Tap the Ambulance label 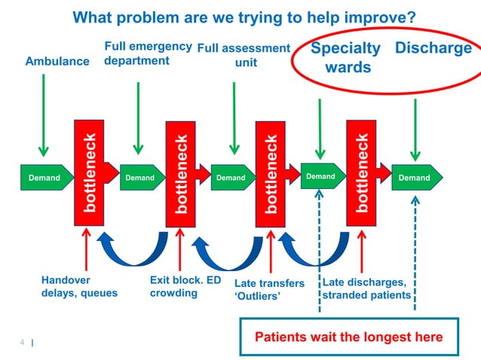coord(57,61)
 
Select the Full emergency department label coord(147,53)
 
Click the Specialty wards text coord(346,58)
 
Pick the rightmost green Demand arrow coord(415,178)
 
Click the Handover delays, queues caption coord(79,287)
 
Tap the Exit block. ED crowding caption coord(185,287)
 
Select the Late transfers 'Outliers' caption coord(269,290)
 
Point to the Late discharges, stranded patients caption coord(366,289)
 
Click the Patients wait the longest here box coord(348,337)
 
